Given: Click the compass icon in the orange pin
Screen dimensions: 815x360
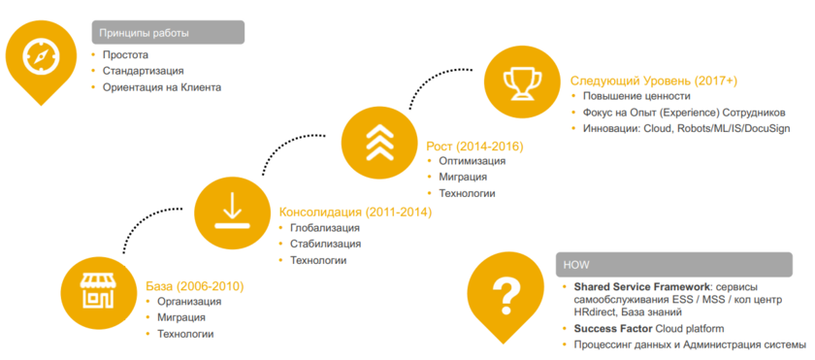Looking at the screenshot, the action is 41,57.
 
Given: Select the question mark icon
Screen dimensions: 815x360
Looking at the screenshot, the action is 505,292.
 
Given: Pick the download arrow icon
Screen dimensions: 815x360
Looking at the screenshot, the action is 231,212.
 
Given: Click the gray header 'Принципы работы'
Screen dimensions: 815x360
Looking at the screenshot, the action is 168,33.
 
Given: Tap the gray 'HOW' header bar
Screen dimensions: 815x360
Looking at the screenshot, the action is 673,264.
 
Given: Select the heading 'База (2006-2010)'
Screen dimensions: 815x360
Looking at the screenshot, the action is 195,286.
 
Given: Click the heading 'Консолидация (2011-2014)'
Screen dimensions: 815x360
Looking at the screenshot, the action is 355,212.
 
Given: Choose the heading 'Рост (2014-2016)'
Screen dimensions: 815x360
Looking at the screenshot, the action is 474,147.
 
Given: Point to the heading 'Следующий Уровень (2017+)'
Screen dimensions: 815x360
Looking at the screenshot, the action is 654,81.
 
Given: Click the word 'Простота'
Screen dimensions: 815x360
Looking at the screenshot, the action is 125,54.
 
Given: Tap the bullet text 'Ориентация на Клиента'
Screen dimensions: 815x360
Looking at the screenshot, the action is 162,87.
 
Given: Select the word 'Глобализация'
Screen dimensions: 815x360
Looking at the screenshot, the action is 325,227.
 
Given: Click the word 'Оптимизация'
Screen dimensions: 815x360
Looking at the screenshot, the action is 472,160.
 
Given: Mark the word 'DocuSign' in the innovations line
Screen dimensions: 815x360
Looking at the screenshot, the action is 767,128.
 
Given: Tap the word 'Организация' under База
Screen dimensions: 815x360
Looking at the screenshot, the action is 189,302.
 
